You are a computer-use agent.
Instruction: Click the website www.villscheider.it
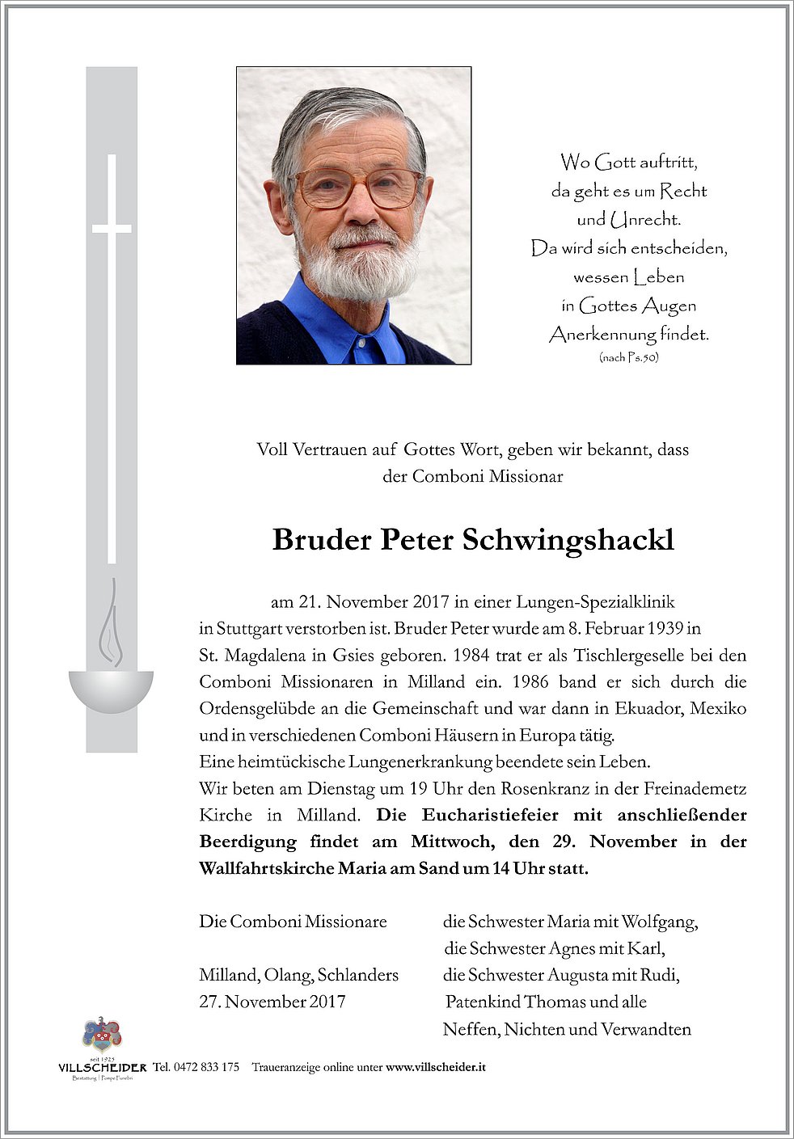(436, 1067)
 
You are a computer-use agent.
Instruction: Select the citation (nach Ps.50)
(628, 357)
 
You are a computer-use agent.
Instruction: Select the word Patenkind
(482, 1002)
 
